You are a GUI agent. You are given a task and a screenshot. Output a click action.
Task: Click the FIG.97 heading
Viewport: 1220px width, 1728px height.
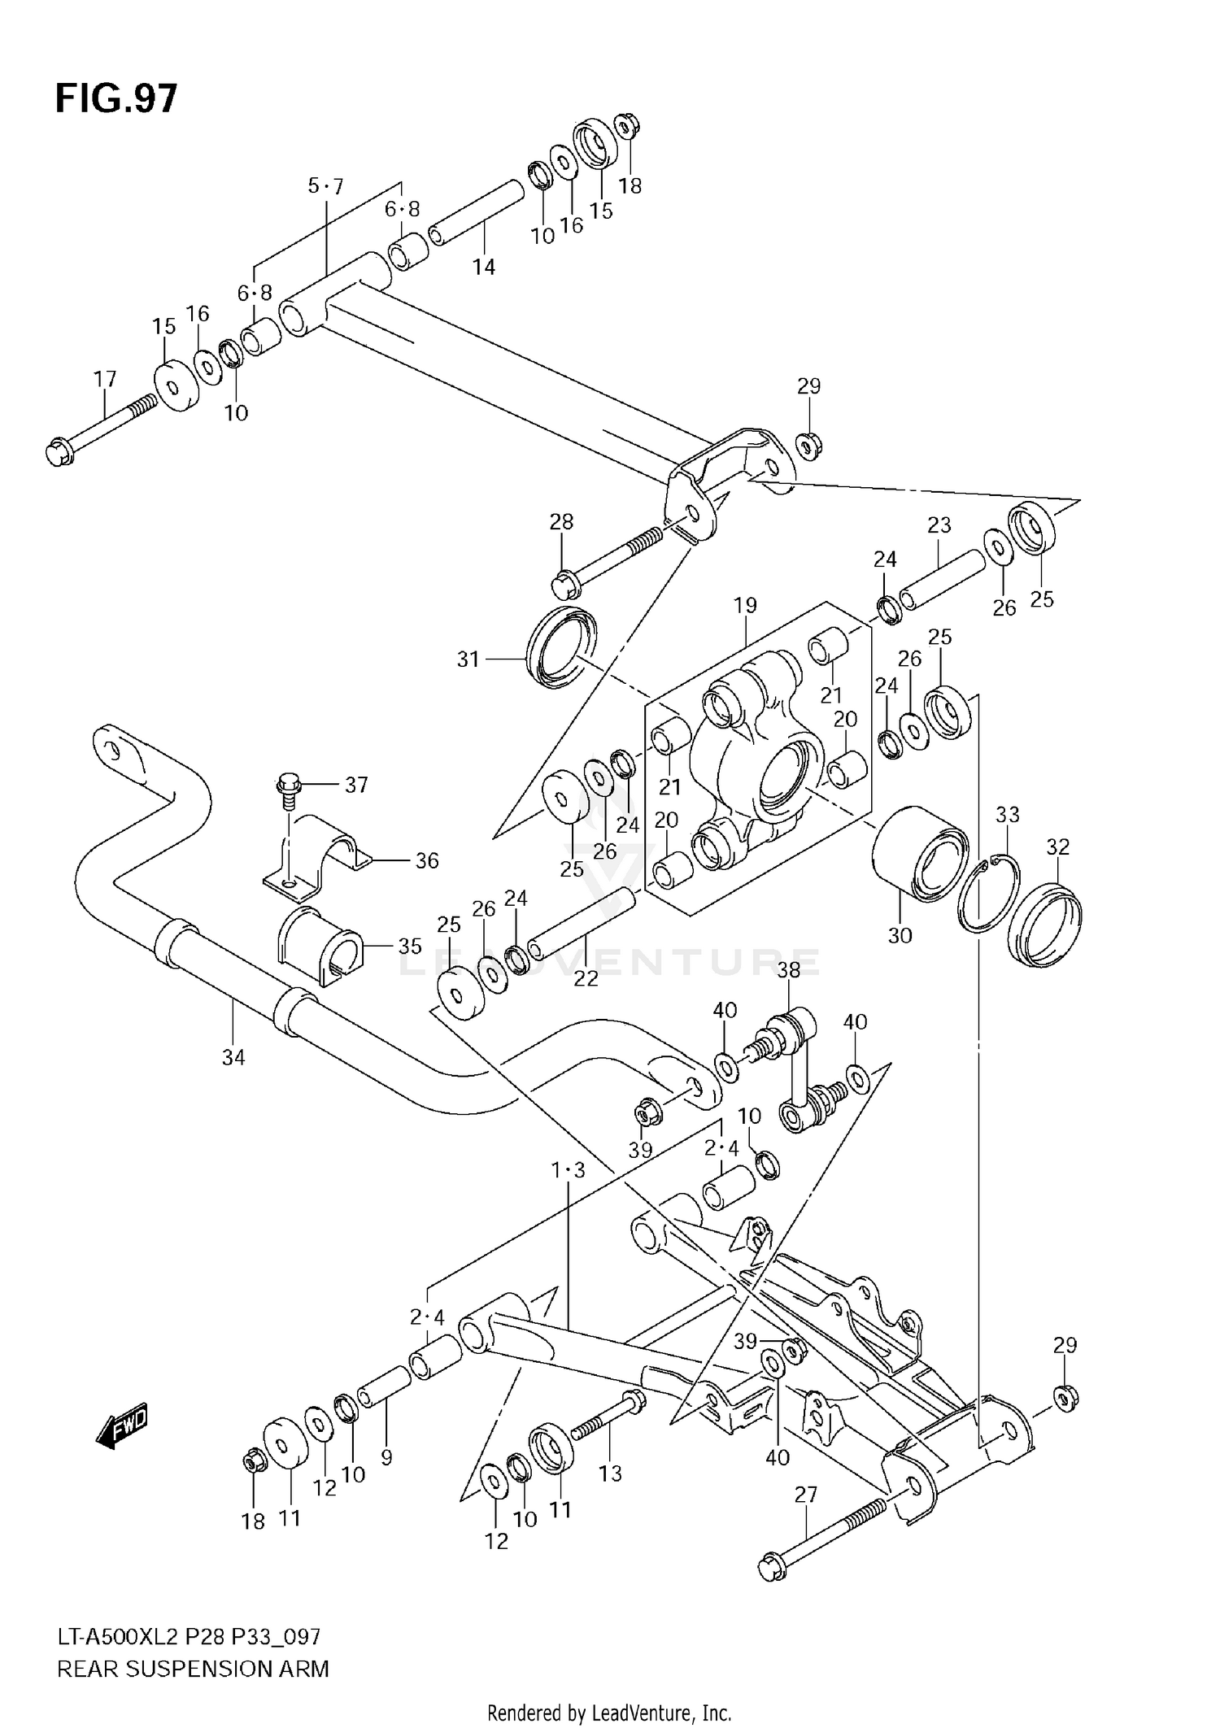coord(115,99)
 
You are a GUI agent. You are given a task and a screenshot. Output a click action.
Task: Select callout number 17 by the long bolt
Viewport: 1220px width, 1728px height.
coord(105,379)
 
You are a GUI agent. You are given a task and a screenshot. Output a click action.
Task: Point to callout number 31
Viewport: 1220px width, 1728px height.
coord(468,659)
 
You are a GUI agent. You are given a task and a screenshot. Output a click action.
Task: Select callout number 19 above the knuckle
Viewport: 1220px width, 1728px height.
coord(744,605)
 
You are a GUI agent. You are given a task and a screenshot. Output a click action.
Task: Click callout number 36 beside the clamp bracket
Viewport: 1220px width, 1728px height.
coord(427,860)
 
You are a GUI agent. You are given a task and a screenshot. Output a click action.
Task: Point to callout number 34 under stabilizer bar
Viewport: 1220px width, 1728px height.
coord(233,1057)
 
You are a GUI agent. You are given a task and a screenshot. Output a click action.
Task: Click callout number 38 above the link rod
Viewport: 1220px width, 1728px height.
coord(788,969)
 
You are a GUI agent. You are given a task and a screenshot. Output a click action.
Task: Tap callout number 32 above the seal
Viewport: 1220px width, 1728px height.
coord(1057,847)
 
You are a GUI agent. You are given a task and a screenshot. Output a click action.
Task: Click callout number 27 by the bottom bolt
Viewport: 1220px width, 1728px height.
coord(805,1494)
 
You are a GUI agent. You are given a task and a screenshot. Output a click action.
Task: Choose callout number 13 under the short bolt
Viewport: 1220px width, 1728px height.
coord(610,1473)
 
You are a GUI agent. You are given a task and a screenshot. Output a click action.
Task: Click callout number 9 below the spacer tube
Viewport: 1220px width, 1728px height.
coord(386,1457)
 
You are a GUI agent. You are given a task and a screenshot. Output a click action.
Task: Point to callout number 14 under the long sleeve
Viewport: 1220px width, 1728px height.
coord(484,267)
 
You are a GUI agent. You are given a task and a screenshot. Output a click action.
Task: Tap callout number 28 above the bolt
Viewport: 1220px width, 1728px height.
coord(561,521)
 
